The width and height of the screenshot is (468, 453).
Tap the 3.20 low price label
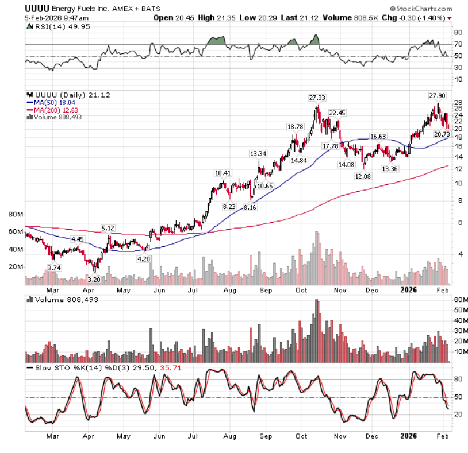[x=93, y=280]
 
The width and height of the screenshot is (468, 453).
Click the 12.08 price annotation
[x=363, y=176]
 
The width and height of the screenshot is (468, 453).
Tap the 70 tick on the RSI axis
[x=458, y=44]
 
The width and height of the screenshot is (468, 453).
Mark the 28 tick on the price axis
[x=458, y=101]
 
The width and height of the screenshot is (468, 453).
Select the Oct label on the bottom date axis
[x=302, y=435]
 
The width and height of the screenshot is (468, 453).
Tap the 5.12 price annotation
[x=108, y=228]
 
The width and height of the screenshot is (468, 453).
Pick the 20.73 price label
[x=442, y=134]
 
